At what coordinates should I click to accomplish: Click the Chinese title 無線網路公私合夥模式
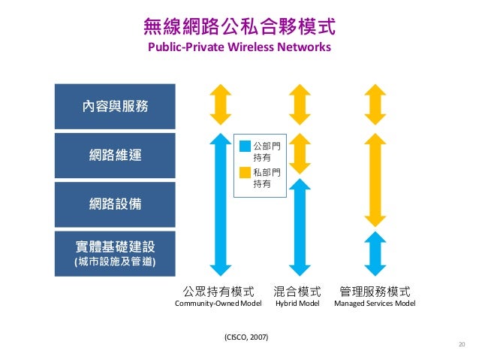pos(239,28)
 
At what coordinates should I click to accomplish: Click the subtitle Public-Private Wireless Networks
pos(239,47)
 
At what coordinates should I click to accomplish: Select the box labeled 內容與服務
pos(115,106)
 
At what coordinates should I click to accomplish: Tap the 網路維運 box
pos(115,155)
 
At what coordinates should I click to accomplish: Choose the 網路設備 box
pos(115,204)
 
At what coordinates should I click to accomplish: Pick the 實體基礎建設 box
pos(115,253)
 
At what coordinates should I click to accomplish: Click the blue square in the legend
pos(244,145)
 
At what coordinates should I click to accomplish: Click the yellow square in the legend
pos(244,172)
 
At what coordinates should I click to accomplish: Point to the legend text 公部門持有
pos(264,151)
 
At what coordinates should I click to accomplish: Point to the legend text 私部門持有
pos(264,178)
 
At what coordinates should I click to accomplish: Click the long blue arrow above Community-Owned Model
pos(219,203)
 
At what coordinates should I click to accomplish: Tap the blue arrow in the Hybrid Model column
pos(300,225)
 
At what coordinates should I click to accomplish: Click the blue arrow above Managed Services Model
pos(375,253)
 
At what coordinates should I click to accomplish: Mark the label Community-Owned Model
pos(218,304)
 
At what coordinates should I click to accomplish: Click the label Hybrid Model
pos(298,304)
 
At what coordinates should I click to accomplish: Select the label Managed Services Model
pos(375,304)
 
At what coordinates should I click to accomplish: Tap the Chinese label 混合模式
pos(298,290)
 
